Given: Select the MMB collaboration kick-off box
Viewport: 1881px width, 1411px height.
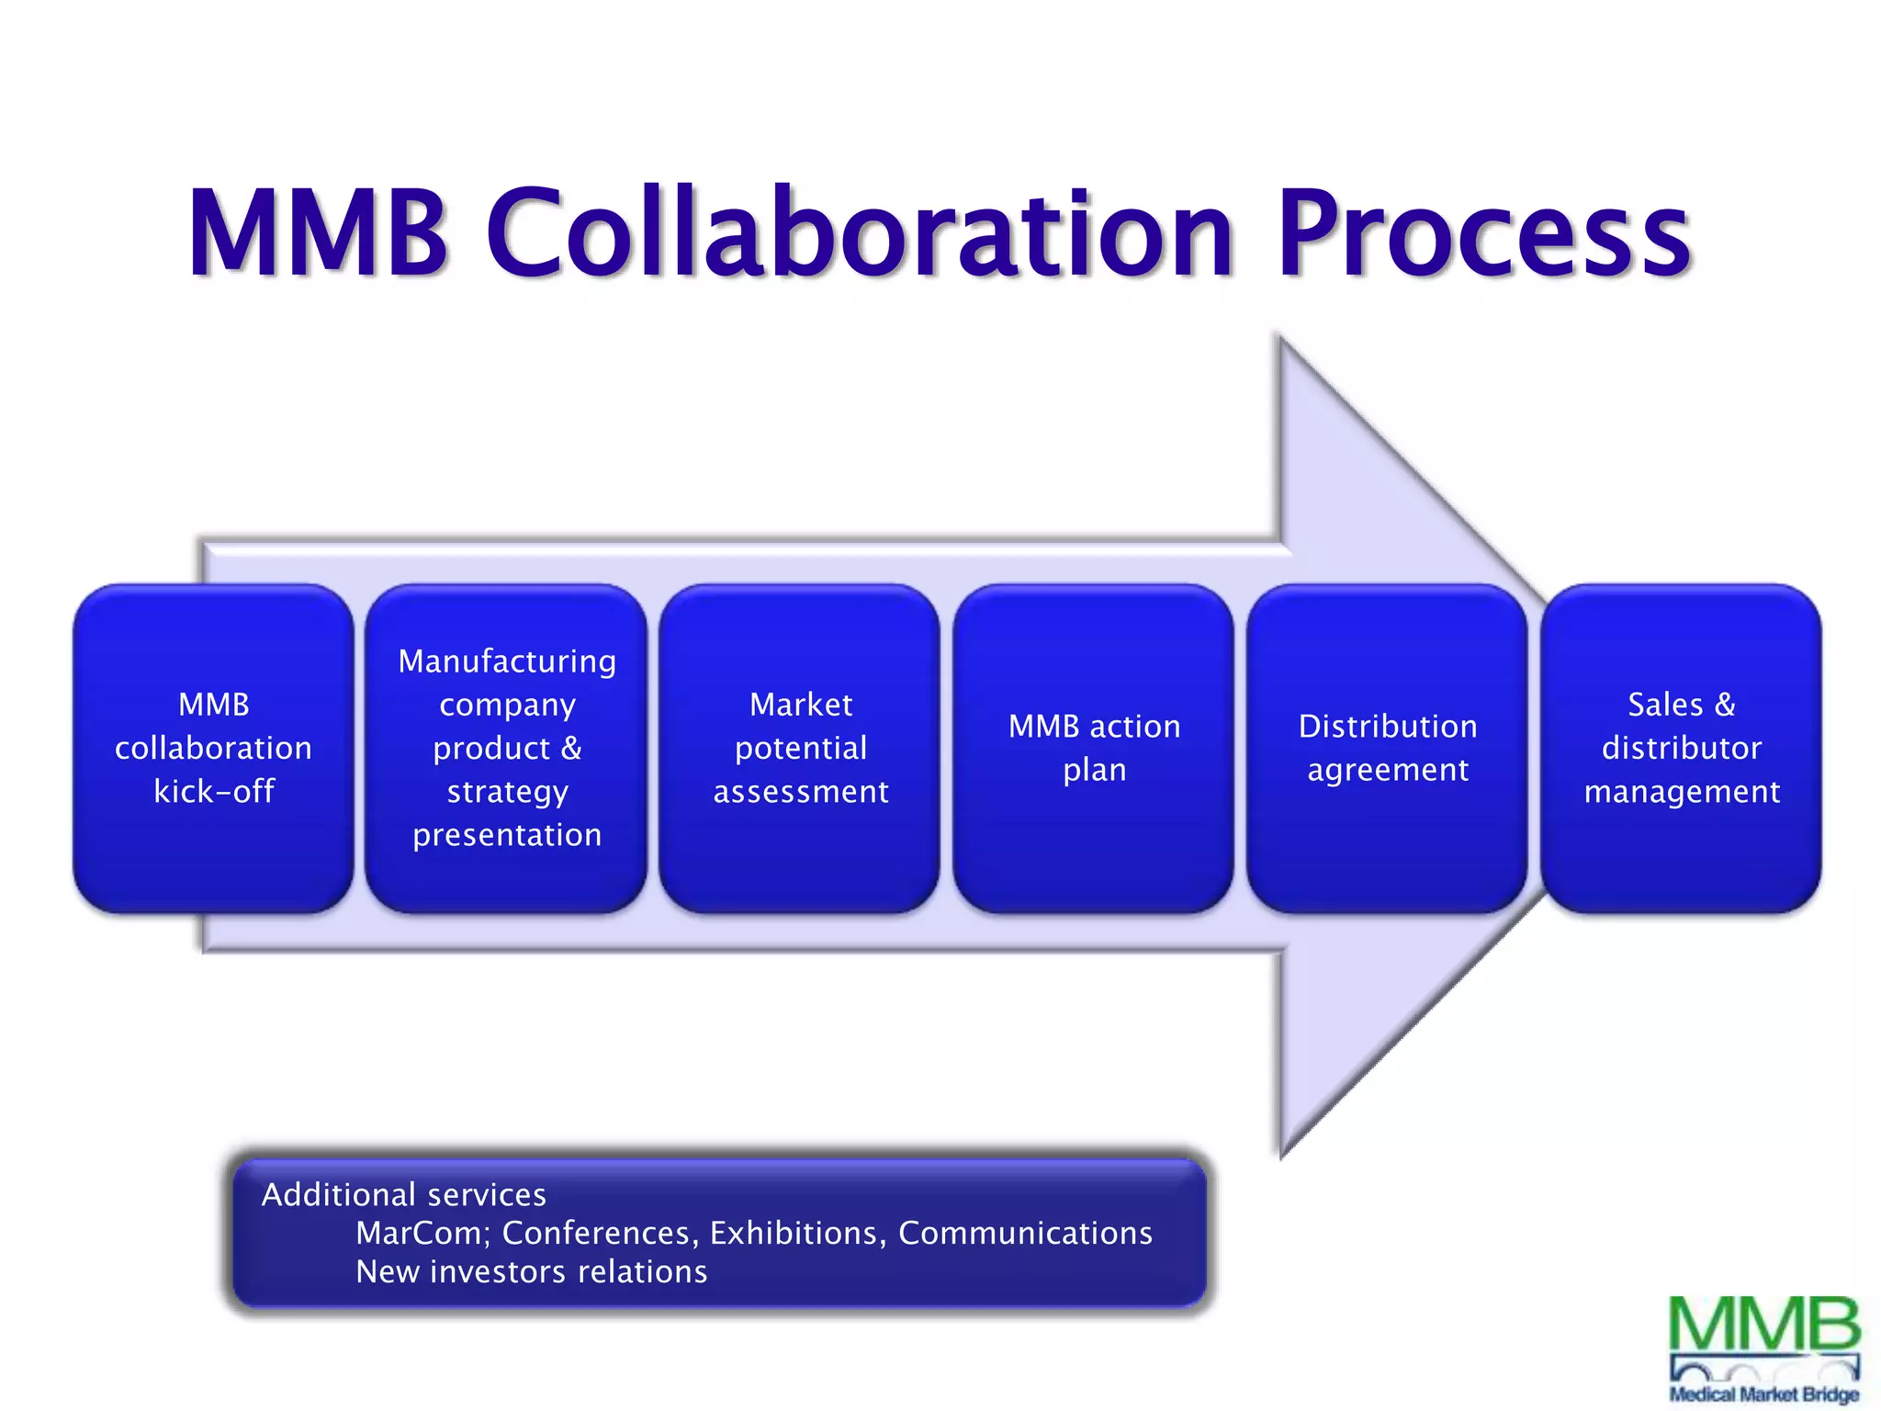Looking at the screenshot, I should (x=213, y=748).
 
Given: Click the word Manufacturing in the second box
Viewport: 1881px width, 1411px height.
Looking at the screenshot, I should (x=507, y=661).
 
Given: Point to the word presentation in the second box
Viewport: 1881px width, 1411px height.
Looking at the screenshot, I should (x=507, y=835).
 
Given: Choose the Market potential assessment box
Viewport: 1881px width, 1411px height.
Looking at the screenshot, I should (x=800, y=748).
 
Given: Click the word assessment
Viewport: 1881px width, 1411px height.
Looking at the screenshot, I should (x=800, y=792).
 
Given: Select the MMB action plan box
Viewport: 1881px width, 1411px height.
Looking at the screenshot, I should (x=1093, y=748).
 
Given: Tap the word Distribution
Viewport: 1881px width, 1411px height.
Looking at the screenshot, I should (x=1387, y=727).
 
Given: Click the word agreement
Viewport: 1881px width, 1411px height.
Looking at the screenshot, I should (x=1387, y=770).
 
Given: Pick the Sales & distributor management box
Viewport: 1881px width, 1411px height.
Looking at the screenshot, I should (x=1681, y=748).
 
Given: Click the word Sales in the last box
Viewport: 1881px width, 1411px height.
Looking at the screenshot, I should (x=1664, y=705).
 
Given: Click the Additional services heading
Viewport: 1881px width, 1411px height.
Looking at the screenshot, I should (x=403, y=1194).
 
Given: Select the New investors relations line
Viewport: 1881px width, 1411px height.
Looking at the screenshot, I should (x=531, y=1271).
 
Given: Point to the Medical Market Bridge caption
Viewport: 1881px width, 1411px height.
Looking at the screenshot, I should (x=1763, y=1394).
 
